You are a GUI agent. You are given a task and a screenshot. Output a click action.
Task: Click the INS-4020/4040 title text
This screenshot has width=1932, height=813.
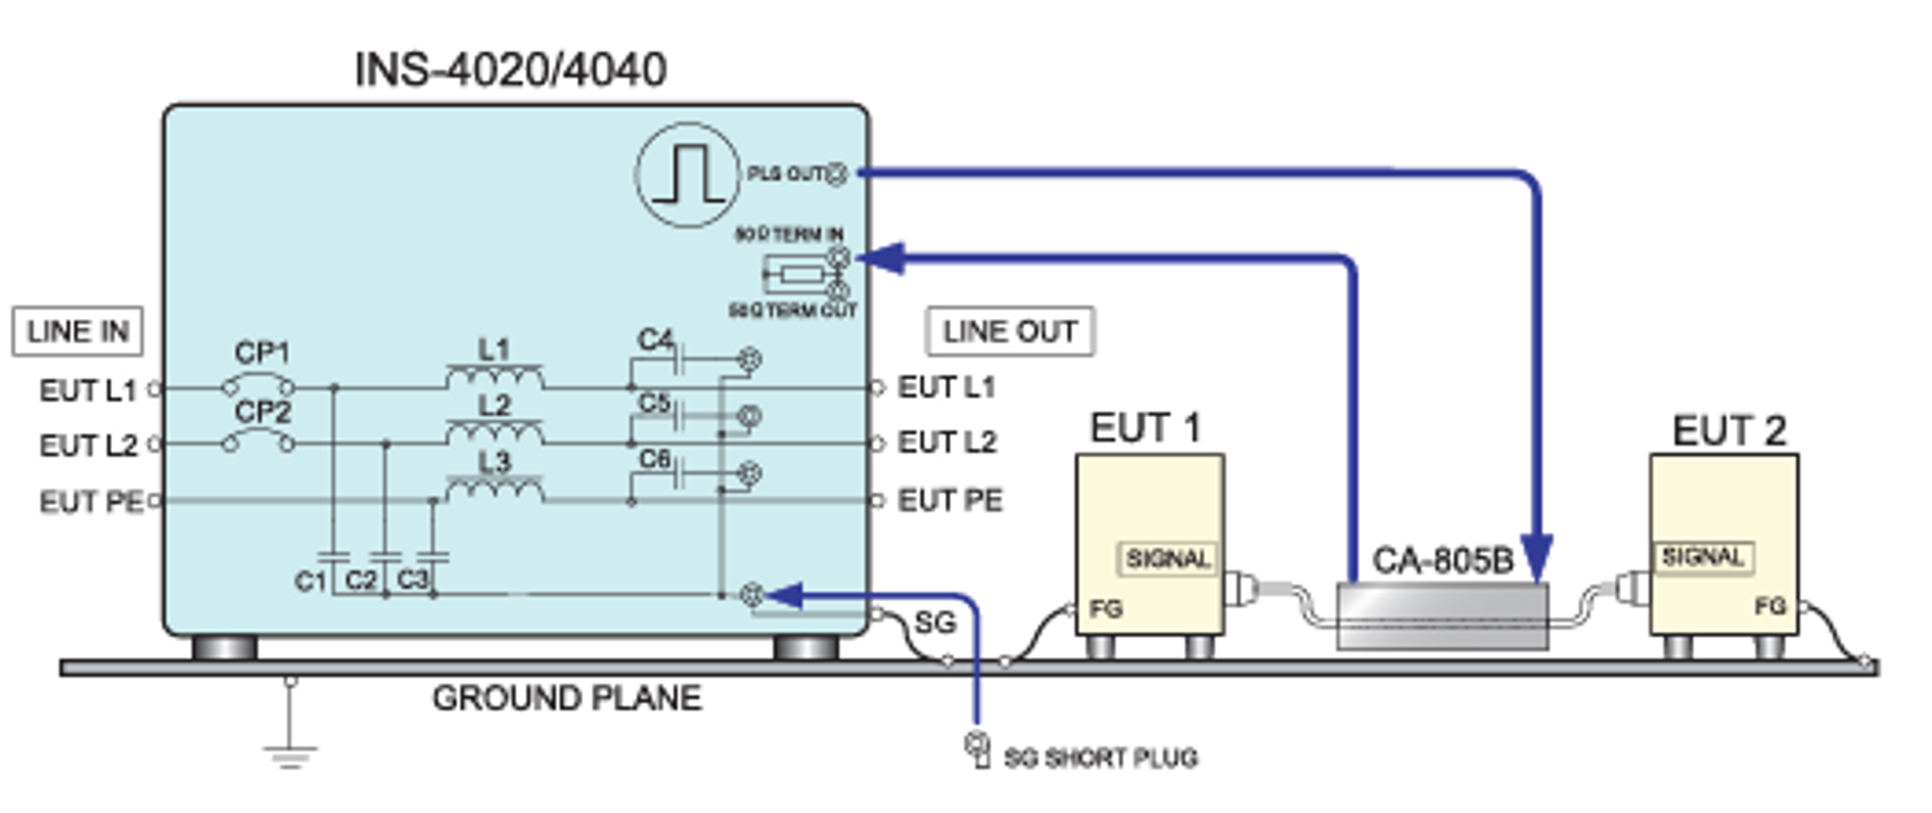click(510, 70)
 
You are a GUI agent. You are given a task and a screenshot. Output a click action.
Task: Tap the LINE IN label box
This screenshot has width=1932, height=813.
click(77, 331)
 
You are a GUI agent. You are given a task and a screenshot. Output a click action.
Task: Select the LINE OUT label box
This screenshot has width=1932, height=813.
click(1009, 331)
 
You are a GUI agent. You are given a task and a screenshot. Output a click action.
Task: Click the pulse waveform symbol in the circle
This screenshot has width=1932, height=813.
click(687, 175)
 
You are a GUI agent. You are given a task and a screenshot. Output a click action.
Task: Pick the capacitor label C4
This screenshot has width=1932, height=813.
click(654, 340)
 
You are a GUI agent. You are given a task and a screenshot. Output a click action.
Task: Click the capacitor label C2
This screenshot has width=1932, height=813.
click(361, 581)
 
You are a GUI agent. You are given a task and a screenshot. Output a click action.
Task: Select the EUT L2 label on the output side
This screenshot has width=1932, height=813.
click(946, 443)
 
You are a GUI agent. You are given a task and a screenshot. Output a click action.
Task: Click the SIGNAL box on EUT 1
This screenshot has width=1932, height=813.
click(1167, 559)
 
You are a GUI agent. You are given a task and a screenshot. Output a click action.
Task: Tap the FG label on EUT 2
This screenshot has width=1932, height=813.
click(1770, 606)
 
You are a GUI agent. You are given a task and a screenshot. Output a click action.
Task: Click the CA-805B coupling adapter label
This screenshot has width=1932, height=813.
click(1442, 561)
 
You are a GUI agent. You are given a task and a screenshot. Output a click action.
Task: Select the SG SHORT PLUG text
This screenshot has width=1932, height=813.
click(1100, 758)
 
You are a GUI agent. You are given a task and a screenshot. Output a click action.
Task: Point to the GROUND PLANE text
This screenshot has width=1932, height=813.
click(567, 698)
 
